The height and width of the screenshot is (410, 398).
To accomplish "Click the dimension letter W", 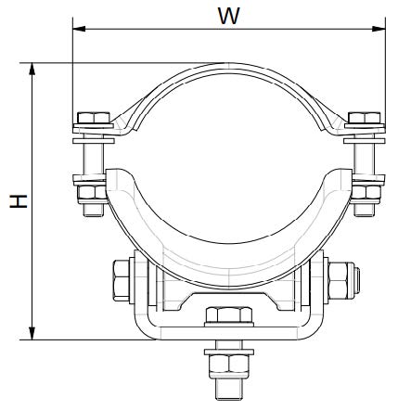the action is tap(229, 16).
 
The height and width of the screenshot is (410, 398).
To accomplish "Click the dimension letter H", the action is tap(19, 201).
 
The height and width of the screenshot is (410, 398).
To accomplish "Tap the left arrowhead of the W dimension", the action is tap(79, 29).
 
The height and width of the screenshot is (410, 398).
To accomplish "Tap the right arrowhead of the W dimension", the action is tap(379, 29).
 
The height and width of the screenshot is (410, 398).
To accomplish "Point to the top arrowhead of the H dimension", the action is tap(32, 69).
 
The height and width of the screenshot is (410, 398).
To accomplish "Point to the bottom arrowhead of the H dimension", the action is tap(32, 333).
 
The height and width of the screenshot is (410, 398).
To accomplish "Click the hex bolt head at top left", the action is tap(94, 118).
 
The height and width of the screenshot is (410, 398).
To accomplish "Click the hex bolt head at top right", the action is tap(365, 118).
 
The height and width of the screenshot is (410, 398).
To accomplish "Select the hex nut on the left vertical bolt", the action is tap(92, 192).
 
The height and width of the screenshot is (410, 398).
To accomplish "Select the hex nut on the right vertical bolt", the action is tap(366, 192).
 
